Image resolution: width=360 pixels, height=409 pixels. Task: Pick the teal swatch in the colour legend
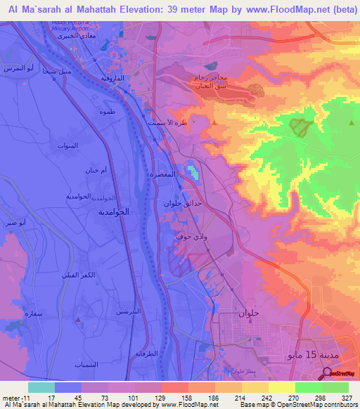click(x=41, y=387)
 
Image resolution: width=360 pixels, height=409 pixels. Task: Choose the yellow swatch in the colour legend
click(x=281, y=387)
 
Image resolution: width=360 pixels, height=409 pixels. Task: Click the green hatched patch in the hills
click(x=300, y=127)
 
